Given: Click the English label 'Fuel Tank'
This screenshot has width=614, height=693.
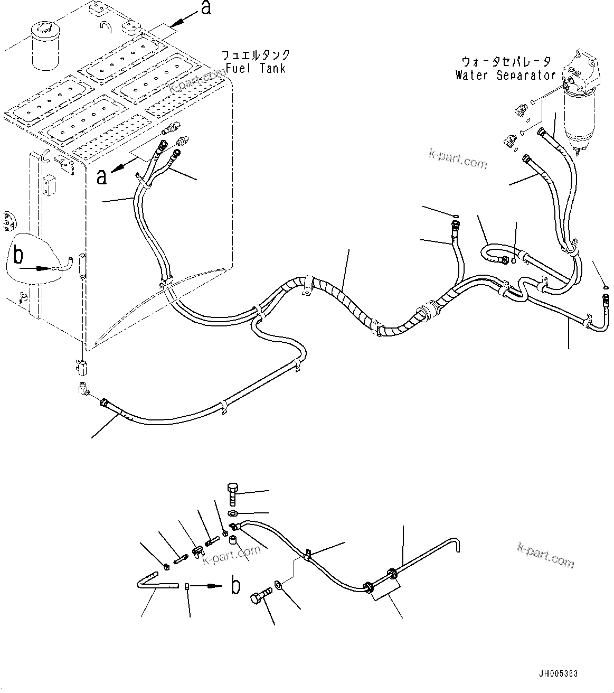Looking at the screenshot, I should (256, 68).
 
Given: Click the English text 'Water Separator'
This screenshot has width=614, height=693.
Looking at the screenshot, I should (505, 75).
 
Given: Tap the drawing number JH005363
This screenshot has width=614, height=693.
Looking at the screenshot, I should (558, 673).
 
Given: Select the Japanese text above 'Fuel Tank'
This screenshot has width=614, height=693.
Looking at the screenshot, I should (256, 55).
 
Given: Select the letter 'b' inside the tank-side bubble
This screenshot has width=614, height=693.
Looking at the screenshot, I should (18, 256).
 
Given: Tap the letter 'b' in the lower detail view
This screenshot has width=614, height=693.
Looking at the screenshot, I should (235, 586).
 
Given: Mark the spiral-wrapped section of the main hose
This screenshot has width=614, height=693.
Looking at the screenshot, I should (343, 301).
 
